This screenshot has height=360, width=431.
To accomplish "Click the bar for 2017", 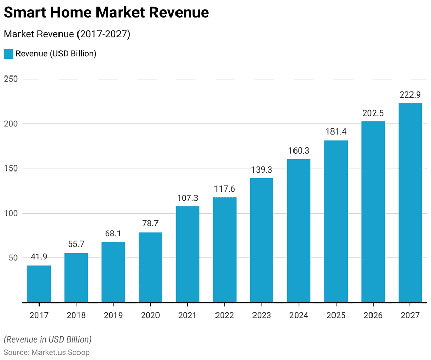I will [x=39, y=283].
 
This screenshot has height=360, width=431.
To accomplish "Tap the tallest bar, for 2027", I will [x=410, y=203].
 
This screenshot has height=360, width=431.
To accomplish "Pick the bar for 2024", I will [x=299, y=231].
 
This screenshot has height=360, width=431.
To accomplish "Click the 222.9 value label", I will [x=410, y=95].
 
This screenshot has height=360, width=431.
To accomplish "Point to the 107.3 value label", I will [x=187, y=198].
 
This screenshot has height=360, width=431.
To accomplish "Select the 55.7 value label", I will [x=76, y=244].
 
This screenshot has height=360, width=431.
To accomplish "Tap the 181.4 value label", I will [x=336, y=132].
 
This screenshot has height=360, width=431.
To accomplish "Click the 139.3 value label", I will [x=262, y=169].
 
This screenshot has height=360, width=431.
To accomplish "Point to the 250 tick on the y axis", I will [x=11, y=79].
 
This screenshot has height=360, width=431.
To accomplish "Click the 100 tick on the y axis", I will [x=11, y=213].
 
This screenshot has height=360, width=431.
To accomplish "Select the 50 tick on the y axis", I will [x=13, y=258].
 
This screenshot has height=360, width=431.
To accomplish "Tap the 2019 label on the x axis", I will [x=113, y=315].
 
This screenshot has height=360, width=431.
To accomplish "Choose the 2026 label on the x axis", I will [x=373, y=315].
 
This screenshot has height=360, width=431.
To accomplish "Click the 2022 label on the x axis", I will [x=224, y=315].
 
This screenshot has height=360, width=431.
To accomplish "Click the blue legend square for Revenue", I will [x=8, y=54].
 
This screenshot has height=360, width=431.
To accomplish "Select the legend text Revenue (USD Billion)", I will [x=56, y=54].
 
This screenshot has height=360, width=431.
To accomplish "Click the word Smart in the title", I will [x=26, y=12].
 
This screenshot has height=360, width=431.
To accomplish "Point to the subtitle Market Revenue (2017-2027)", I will [x=67, y=34].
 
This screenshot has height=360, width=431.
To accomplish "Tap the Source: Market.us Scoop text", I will [x=47, y=352].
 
